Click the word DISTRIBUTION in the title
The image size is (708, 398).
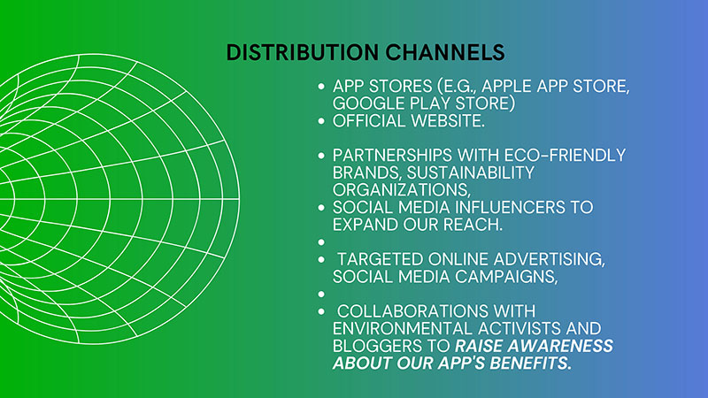pos(303,52)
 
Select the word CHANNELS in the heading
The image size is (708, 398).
pos(445,52)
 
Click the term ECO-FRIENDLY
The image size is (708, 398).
pos(565,156)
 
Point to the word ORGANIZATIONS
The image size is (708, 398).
pos(402,190)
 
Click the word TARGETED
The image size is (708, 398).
pos(381,259)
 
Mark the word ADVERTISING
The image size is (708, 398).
pos(549,259)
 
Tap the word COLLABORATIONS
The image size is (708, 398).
pos(412,311)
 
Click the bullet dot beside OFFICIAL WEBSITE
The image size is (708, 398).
pos(321,121)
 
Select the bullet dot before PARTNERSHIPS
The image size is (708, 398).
pos(321,156)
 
